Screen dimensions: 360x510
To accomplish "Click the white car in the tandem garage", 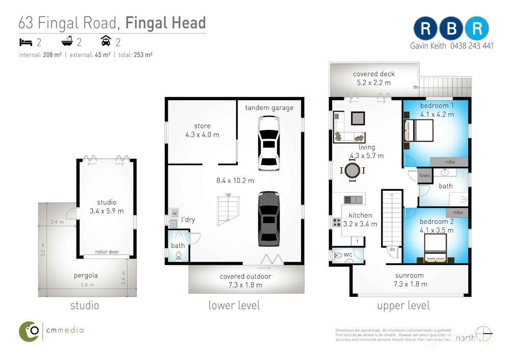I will coord(269,143).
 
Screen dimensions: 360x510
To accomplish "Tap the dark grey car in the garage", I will coord(269,218).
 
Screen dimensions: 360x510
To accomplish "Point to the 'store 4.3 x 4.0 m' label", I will coord(202,131).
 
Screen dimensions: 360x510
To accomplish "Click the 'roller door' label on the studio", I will coord(107,252).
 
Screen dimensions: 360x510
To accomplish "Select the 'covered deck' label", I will coord(374,74).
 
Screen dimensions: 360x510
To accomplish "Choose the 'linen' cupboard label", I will coord(425,176).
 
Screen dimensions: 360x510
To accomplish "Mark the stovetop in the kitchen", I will coord(337,223).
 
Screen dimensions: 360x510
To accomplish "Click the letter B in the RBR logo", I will coord(451,29).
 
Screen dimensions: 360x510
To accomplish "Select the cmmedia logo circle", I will coord(30,331).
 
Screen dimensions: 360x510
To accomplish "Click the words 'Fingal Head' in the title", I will coord(165,23).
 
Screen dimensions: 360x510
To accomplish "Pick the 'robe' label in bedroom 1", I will coord(449,162).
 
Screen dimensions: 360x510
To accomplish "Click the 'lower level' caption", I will coord(234,305).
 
